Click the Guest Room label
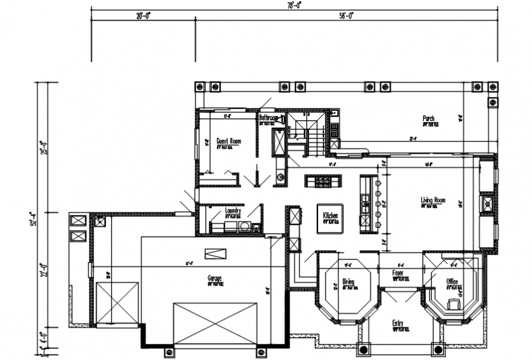229,141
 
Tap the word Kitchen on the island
330,216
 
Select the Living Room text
432,200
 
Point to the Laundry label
233,211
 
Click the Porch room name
429,118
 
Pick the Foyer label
397,273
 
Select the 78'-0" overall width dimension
294,4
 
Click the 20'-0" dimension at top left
143,16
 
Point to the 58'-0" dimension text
346,16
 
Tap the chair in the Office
454,303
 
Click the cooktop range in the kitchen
323,181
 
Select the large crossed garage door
215,323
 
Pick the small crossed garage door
117,303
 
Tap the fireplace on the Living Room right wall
487,204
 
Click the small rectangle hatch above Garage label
215,254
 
